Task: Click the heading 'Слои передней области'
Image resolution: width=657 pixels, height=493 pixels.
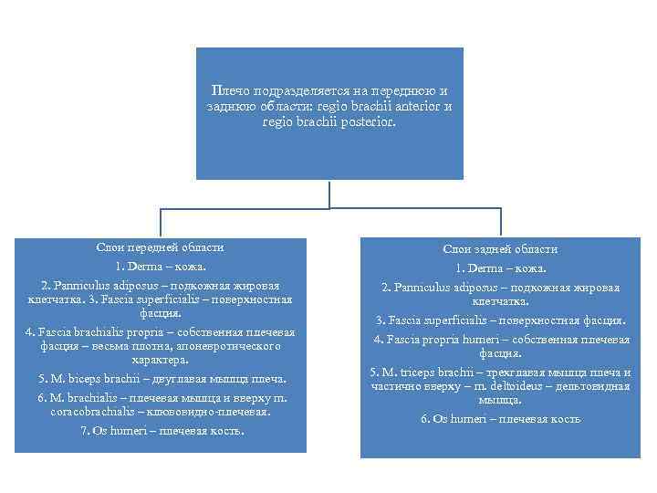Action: tap(161, 247)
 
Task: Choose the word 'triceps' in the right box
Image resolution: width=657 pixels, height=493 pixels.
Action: tap(429, 372)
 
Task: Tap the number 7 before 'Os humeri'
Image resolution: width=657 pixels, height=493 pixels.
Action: tap(84, 431)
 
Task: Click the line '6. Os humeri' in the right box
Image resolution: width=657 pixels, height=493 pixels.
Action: tap(500, 419)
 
